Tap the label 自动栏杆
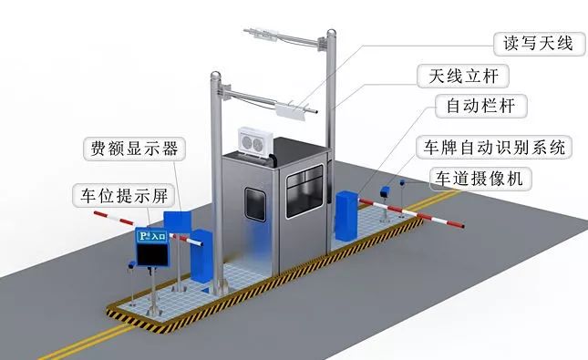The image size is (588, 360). click(480, 107)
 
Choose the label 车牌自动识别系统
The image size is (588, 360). click(491, 146)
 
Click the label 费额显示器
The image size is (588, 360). click(133, 148)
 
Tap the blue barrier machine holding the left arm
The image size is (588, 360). click(201, 254)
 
